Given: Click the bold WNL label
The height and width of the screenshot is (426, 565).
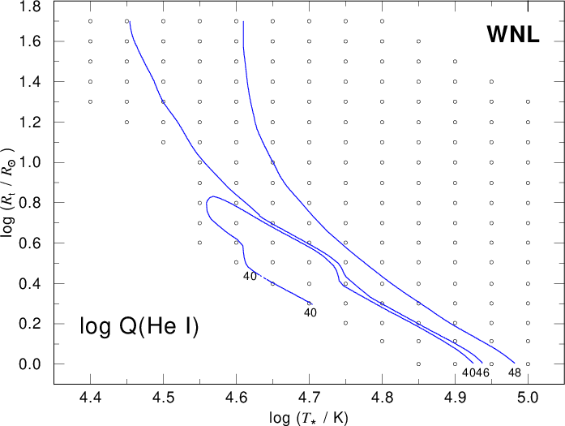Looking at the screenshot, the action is [513, 35].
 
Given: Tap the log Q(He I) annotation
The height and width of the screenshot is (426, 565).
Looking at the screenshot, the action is [139, 326].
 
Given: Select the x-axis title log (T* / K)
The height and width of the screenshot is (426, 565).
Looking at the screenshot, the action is [309, 418].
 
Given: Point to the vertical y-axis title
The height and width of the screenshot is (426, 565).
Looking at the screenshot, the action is [8, 192].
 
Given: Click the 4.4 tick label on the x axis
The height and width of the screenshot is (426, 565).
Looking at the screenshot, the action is [91, 397].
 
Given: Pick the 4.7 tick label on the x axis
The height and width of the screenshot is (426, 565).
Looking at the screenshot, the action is [309, 397].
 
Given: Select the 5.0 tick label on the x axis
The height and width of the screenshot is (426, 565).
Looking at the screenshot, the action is [528, 397].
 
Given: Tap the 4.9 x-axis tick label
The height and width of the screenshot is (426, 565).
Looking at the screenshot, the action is [455, 397].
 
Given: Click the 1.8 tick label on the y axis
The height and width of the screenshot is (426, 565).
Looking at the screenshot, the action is [30, 6].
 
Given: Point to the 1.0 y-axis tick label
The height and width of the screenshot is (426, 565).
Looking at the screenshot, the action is [30, 162].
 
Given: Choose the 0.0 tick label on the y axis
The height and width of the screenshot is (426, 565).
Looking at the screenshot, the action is [30, 364].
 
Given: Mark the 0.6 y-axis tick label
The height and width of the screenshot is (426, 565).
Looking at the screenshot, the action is [30, 243].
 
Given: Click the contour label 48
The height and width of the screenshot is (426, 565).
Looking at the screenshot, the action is [515, 372].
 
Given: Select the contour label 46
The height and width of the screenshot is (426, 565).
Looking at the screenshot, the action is [483, 372].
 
